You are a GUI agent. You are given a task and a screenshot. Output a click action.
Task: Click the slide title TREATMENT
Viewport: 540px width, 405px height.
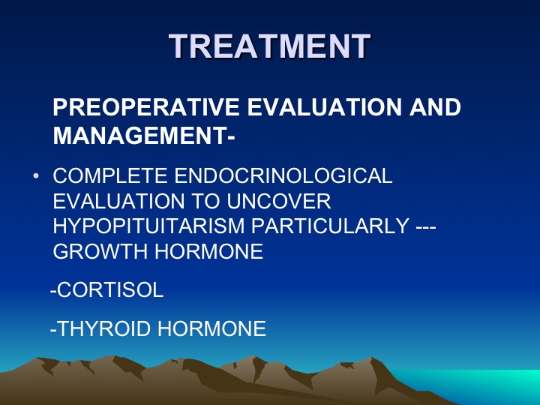[x=270, y=46]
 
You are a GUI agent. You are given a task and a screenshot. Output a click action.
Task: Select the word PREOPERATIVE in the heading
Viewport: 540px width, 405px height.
[x=146, y=106]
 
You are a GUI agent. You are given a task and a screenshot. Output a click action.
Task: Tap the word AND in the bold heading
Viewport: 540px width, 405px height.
[x=435, y=106]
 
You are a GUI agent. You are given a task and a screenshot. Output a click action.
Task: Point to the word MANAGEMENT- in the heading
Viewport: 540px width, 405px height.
[x=144, y=135]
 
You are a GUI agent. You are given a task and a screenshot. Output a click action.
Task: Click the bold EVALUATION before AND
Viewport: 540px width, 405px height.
[x=325, y=106]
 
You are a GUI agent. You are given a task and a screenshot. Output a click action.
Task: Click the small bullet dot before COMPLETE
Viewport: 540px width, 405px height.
[x=36, y=176]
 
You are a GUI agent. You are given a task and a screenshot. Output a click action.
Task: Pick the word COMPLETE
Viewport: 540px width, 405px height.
[x=110, y=175]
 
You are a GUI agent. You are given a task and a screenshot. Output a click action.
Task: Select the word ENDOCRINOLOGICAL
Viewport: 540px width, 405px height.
[x=283, y=175]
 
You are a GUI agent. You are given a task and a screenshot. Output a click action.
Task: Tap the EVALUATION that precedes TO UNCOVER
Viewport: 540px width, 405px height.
[x=118, y=201]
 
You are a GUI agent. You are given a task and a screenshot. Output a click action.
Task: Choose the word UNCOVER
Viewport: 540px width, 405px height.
[x=279, y=201]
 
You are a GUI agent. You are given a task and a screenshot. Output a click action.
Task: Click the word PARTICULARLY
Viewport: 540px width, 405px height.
[x=330, y=226]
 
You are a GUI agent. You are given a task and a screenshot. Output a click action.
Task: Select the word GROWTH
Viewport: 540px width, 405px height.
[x=100, y=251]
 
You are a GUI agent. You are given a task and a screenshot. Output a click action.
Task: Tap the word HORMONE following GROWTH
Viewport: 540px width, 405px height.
[x=209, y=251]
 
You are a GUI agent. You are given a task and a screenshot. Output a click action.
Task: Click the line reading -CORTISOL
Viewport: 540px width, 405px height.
[x=106, y=289]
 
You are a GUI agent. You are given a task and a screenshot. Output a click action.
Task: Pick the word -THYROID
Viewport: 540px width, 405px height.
[x=100, y=328]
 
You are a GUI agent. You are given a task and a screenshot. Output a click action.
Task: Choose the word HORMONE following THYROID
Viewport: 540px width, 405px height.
[x=211, y=328]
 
